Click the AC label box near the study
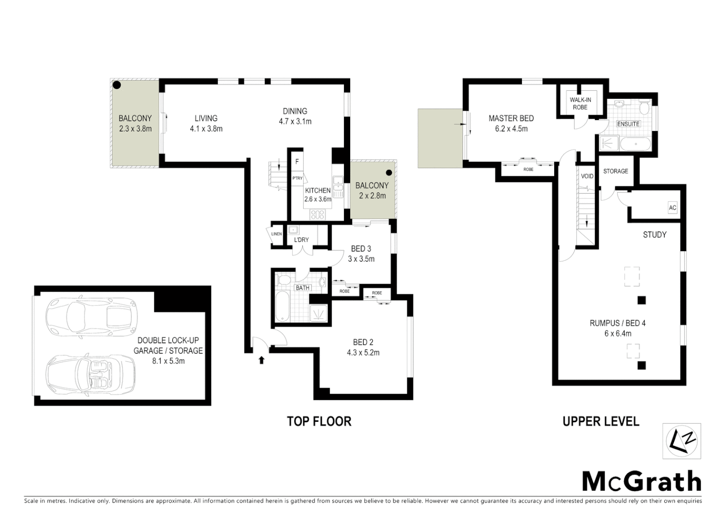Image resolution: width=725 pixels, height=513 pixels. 672,208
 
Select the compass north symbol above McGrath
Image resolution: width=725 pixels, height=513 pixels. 682,441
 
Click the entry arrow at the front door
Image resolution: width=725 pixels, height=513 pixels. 261,360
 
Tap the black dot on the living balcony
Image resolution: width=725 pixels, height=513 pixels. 116,85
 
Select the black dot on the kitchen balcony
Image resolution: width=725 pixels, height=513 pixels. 389,172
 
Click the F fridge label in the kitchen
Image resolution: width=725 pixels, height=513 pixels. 297,161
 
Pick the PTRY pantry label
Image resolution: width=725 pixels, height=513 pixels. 297,178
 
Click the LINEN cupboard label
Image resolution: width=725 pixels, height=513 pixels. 277,234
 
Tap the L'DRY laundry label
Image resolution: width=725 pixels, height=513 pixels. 301,239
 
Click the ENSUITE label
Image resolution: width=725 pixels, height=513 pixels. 628,123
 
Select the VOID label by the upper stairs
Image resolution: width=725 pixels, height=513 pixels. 587,176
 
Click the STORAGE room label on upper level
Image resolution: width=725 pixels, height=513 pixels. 615,171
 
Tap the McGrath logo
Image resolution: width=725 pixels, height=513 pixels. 641,482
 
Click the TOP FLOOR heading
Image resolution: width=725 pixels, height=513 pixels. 319,421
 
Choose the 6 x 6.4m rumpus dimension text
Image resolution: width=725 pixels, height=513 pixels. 617,333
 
